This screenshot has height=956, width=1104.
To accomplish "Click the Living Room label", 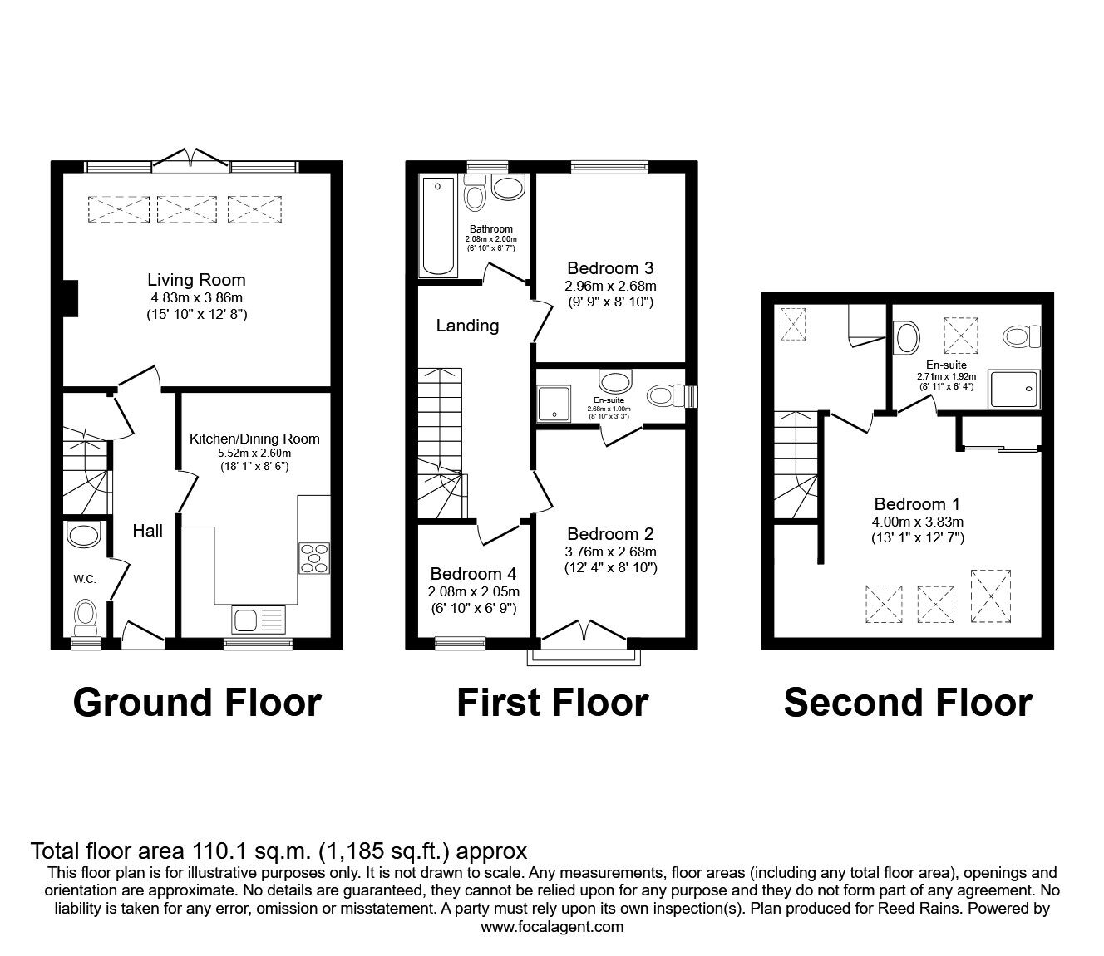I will [x=196, y=280].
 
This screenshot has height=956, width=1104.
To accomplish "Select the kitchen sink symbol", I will [x=259, y=619].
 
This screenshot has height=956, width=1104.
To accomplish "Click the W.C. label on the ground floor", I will [x=84, y=579].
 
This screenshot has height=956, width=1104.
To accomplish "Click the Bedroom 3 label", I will [x=609, y=267].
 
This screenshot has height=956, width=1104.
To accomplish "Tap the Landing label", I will [x=467, y=326].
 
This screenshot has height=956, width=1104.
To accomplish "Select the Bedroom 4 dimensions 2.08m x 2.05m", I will [x=473, y=592].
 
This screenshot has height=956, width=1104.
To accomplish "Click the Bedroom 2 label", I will [x=609, y=534].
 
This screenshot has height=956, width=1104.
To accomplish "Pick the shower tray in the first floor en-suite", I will [x=554, y=402].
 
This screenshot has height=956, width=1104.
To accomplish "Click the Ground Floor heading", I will [x=197, y=703].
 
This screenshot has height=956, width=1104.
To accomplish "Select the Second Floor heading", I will [x=907, y=703].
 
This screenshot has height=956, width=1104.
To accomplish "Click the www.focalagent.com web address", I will [x=552, y=927].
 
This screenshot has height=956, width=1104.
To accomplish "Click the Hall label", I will [x=147, y=531].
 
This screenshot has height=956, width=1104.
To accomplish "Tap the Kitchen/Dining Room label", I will [x=254, y=439].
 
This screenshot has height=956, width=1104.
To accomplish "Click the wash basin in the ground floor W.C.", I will [x=84, y=534].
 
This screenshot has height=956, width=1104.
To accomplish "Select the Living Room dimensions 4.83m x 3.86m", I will [x=196, y=297].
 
